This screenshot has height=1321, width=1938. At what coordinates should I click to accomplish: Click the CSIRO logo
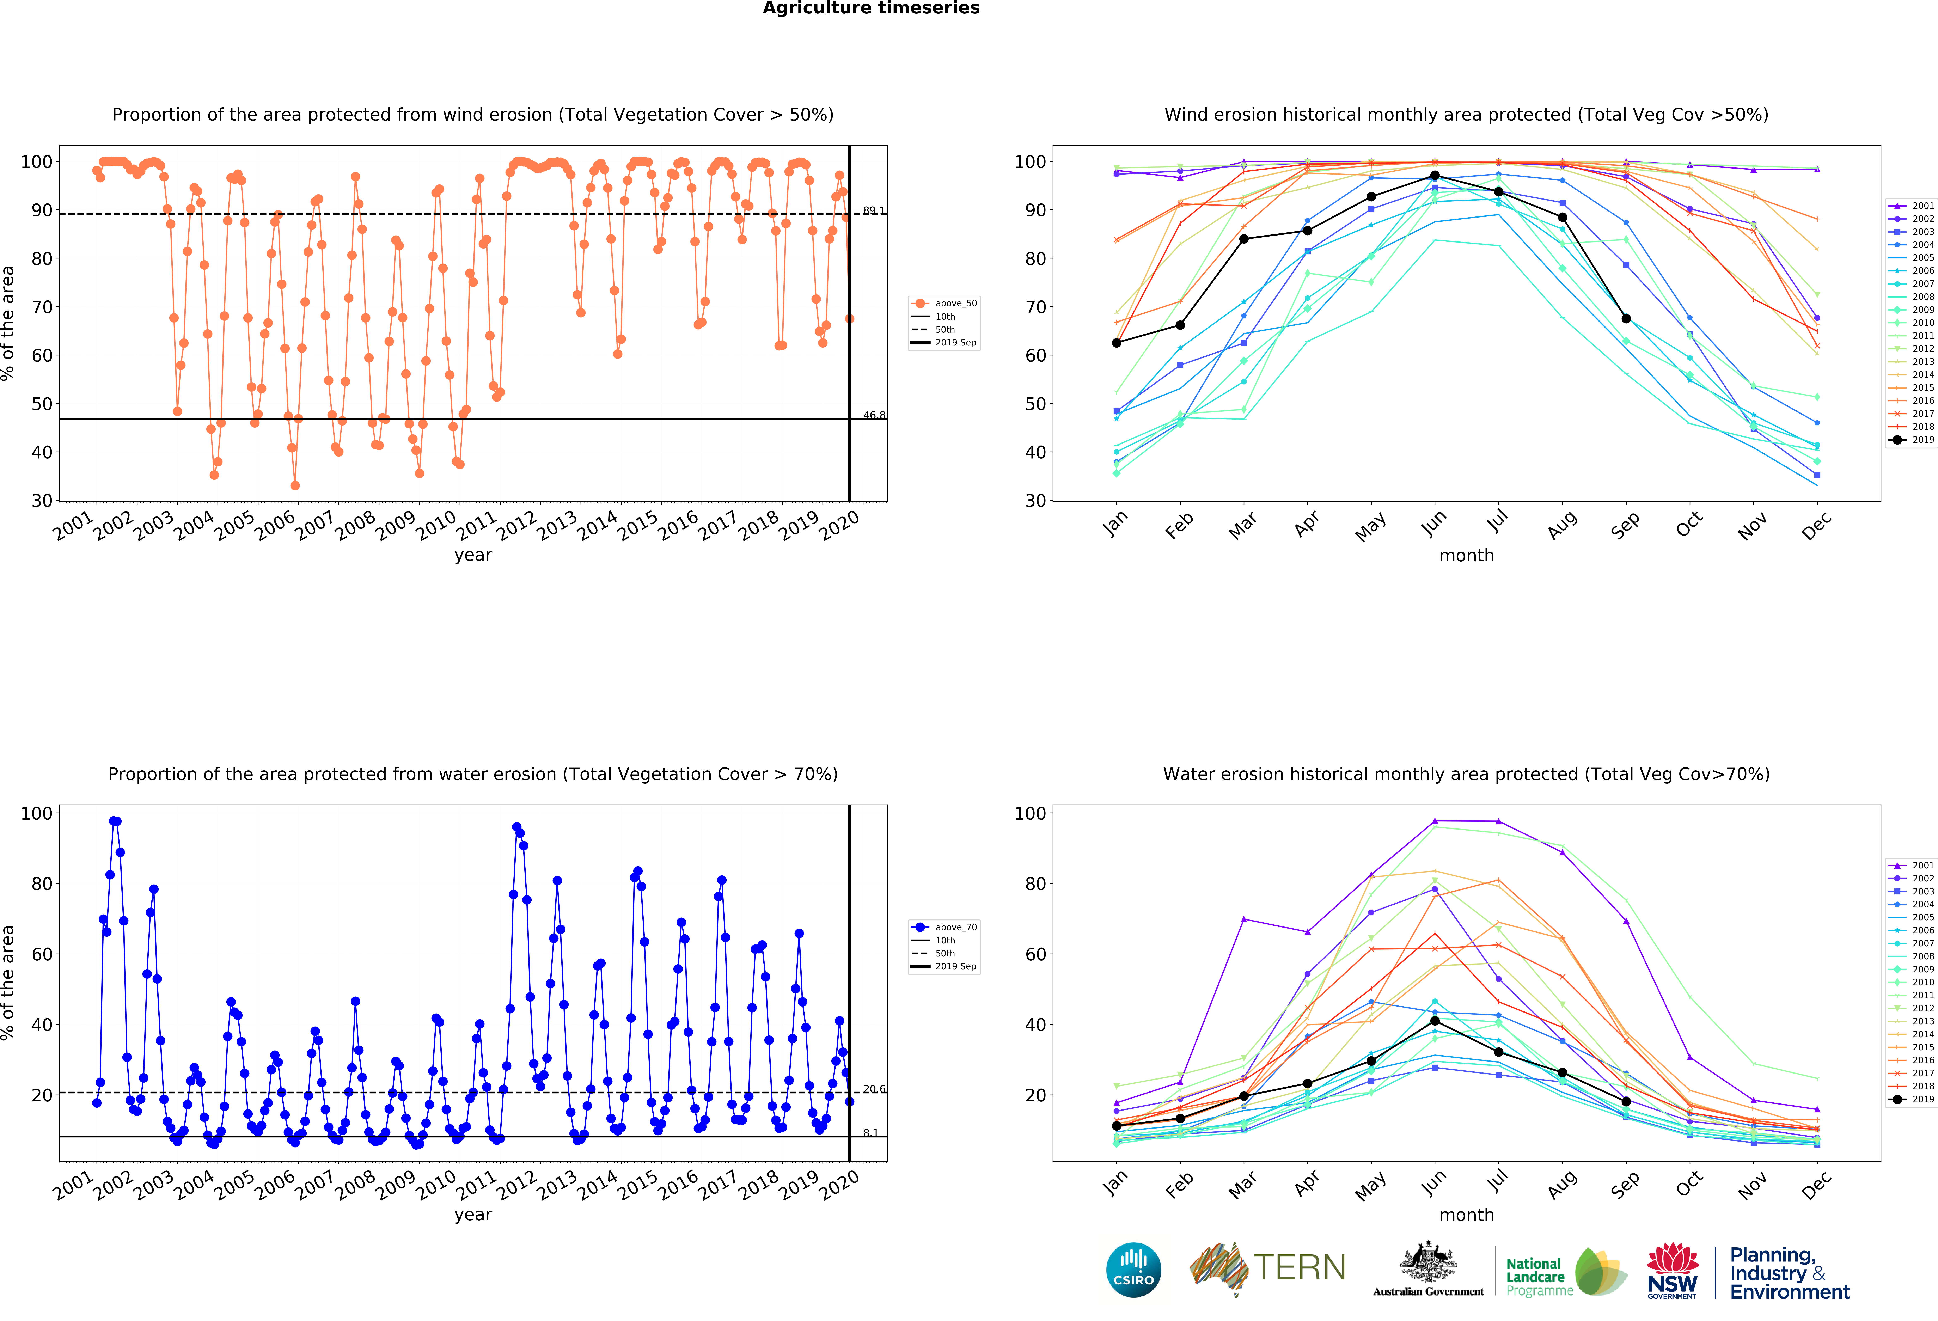pyautogui.click(x=1133, y=1270)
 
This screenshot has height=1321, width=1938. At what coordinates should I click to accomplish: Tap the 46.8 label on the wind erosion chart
pyautogui.click(x=874, y=415)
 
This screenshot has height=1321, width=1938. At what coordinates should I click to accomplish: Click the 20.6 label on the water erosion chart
pyautogui.click(x=874, y=1089)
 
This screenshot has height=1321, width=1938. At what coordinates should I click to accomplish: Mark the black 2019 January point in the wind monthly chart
pyautogui.click(x=1117, y=343)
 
